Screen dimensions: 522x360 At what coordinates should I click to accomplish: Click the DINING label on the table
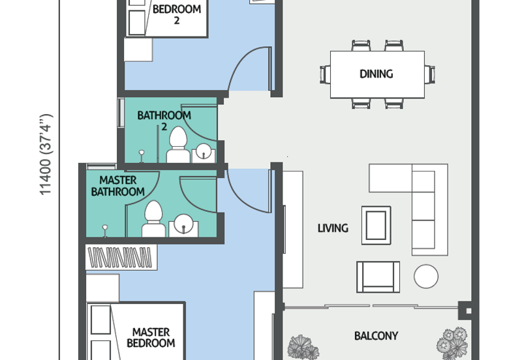click(x=376, y=74)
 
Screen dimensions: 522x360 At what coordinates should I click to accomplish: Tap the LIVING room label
click(x=333, y=228)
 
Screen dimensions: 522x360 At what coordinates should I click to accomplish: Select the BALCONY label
click(x=376, y=336)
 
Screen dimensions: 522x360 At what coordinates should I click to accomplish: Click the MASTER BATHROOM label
click(x=118, y=186)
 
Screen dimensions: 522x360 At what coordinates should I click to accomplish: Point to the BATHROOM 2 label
click(x=164, y=121)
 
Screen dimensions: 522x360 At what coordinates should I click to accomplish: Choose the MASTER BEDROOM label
click(x=151, y=337)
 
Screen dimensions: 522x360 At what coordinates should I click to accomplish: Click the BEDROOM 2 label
click(x=177, y=14)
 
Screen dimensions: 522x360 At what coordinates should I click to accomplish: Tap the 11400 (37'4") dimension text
click(x=46, y=155)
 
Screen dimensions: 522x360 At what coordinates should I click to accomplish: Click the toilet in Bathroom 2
click(x=178, y=145)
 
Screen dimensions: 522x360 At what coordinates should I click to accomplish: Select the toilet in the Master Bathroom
click(x=153, y=219)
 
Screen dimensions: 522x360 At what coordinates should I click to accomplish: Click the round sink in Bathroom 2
click(x=204, y=152)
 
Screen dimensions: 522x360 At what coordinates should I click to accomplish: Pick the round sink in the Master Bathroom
click(x=183, y=224)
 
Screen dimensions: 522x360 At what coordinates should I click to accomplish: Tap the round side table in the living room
click(x=426, y=276)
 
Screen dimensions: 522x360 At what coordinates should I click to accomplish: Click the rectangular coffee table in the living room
click(x=376, y=225)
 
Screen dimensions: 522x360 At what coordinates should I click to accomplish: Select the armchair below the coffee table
click(x=378, y=277)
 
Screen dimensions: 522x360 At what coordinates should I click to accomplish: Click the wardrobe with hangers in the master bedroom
click(x=121, y=257)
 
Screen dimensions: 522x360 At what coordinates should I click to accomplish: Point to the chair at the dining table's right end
click(x=430, y=74)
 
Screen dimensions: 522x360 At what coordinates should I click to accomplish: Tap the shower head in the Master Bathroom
click(x=105, y=230)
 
